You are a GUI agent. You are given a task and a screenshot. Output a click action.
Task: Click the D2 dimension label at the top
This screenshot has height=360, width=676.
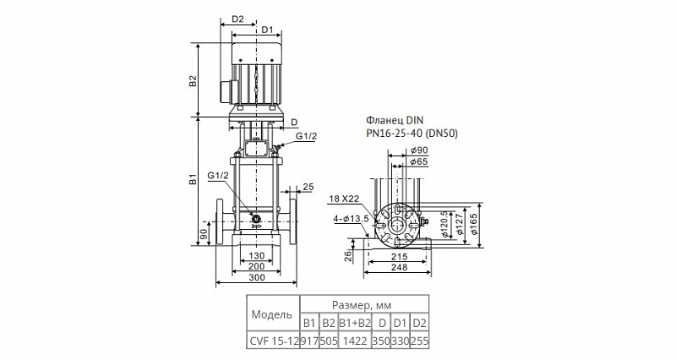click(238, 19)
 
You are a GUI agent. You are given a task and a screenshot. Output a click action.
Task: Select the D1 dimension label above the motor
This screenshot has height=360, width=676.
click(268, 30)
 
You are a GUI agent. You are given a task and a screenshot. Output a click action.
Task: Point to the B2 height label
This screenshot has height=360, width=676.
click(193, 80)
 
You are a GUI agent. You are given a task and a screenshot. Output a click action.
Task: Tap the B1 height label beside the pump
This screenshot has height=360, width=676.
click(193, 180)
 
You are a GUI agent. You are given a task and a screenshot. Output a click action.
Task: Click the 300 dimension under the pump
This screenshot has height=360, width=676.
click(257, 278)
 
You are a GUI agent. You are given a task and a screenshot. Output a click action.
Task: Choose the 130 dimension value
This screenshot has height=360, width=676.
click(257, 256)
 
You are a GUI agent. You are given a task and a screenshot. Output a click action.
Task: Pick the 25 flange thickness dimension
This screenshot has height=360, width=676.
click(308, 187)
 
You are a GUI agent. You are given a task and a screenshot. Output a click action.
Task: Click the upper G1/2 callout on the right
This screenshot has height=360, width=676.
click(307, 136)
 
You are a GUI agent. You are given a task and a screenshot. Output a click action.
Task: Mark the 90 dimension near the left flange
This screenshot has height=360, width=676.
click(204, 234)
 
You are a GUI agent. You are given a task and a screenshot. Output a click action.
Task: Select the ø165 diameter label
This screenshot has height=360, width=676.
click(474, 224)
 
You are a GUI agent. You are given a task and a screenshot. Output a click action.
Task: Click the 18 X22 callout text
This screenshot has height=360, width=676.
click(343, 199)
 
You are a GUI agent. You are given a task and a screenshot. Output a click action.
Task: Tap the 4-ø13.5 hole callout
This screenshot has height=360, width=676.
click(351, 219)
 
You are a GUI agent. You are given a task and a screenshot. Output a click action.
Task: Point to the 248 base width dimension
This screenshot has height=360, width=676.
click(399, 267)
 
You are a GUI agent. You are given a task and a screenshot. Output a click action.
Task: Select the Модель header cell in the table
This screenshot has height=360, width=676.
click(271, 314)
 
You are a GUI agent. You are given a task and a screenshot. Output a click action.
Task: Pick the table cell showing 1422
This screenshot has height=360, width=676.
click(355, 341)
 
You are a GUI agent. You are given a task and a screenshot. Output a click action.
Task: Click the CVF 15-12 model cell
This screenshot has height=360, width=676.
click(273, 341)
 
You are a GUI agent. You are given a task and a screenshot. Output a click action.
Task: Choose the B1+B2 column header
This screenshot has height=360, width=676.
click(355, 323)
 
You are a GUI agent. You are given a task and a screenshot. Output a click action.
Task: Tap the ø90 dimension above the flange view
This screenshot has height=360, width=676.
click(419, 150)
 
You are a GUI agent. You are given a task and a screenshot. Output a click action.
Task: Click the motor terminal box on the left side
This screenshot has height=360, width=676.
click(226, 92)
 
